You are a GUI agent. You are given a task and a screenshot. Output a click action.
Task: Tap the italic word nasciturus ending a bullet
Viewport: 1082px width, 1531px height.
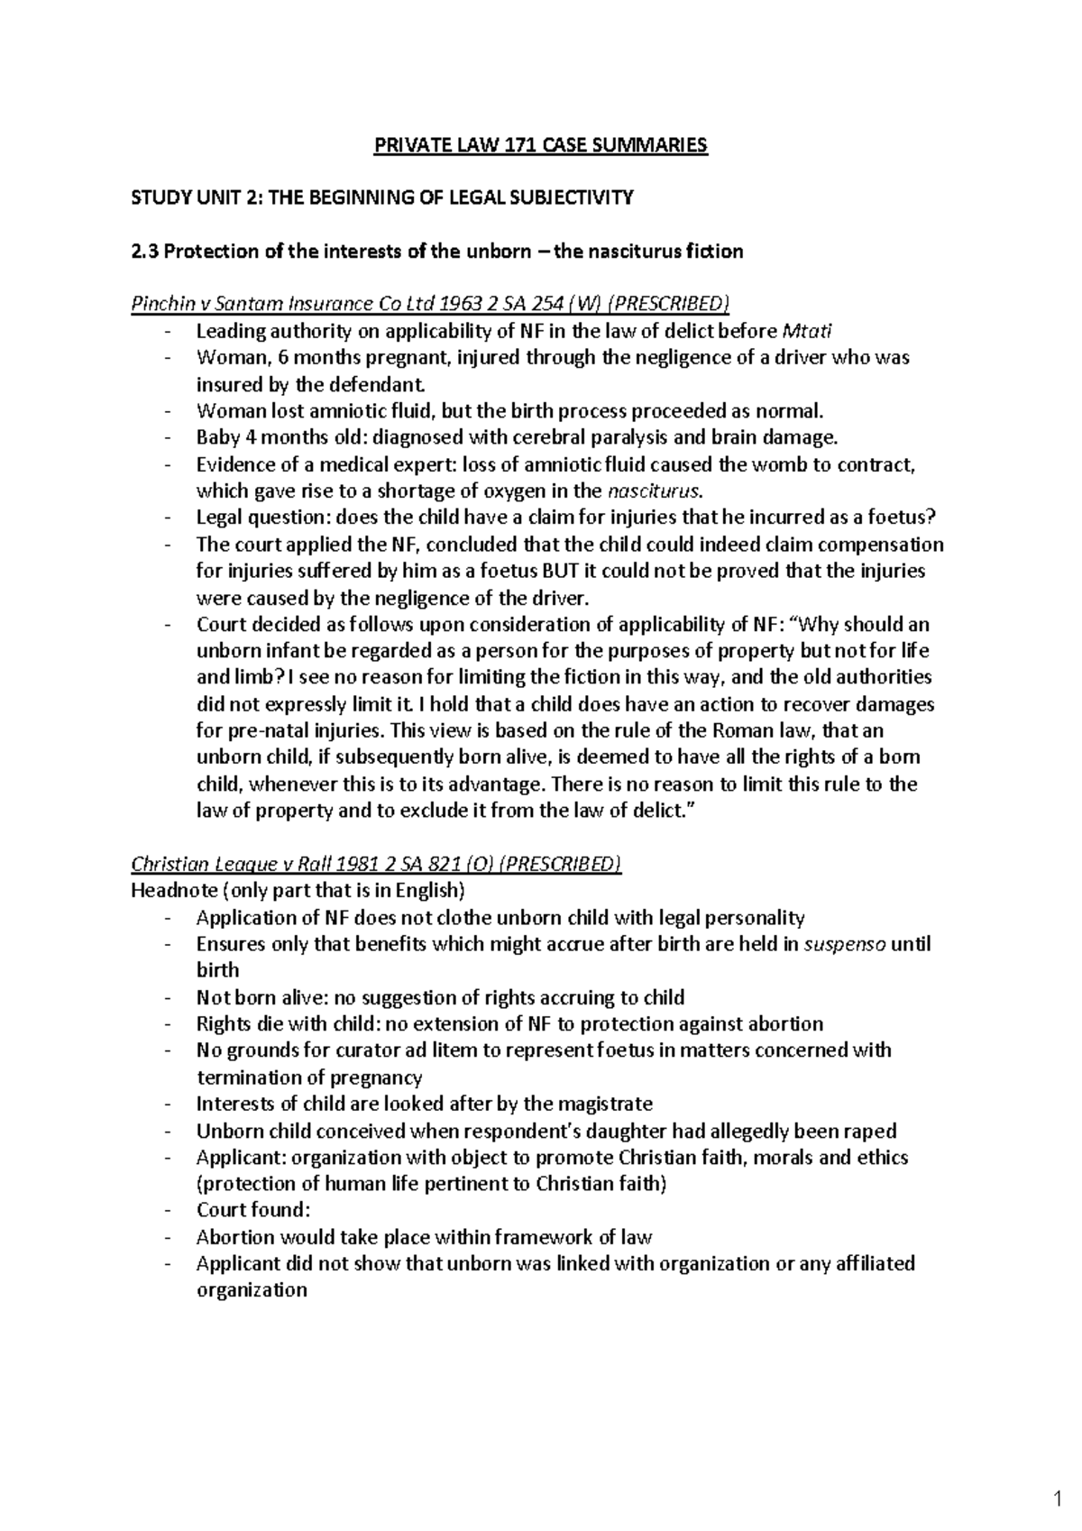tap(654, 490)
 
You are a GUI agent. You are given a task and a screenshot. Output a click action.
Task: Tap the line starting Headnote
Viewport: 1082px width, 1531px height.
tap(298, 891)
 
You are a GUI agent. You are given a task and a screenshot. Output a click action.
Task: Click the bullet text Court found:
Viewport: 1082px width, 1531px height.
tap(252, 1210)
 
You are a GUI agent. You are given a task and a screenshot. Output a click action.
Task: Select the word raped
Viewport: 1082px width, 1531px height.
tap(871, 1131)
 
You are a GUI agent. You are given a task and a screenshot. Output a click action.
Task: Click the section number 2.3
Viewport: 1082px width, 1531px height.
tap(144, 251)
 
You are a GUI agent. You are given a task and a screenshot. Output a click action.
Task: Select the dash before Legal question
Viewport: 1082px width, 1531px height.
tap(168, 518)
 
